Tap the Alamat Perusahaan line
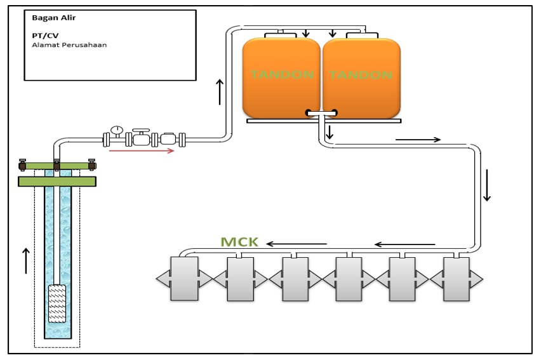coord(69,45)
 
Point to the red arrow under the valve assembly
coord(142,151)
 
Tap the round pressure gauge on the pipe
coord(117,130)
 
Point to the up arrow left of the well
coord(25,261)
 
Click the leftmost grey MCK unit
coord(184,278)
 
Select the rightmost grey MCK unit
coord(457,278)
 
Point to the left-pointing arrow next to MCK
coord(296,244)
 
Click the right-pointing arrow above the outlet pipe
coord(417,140)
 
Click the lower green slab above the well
coord(57,182)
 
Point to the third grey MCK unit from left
coord(294,278)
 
